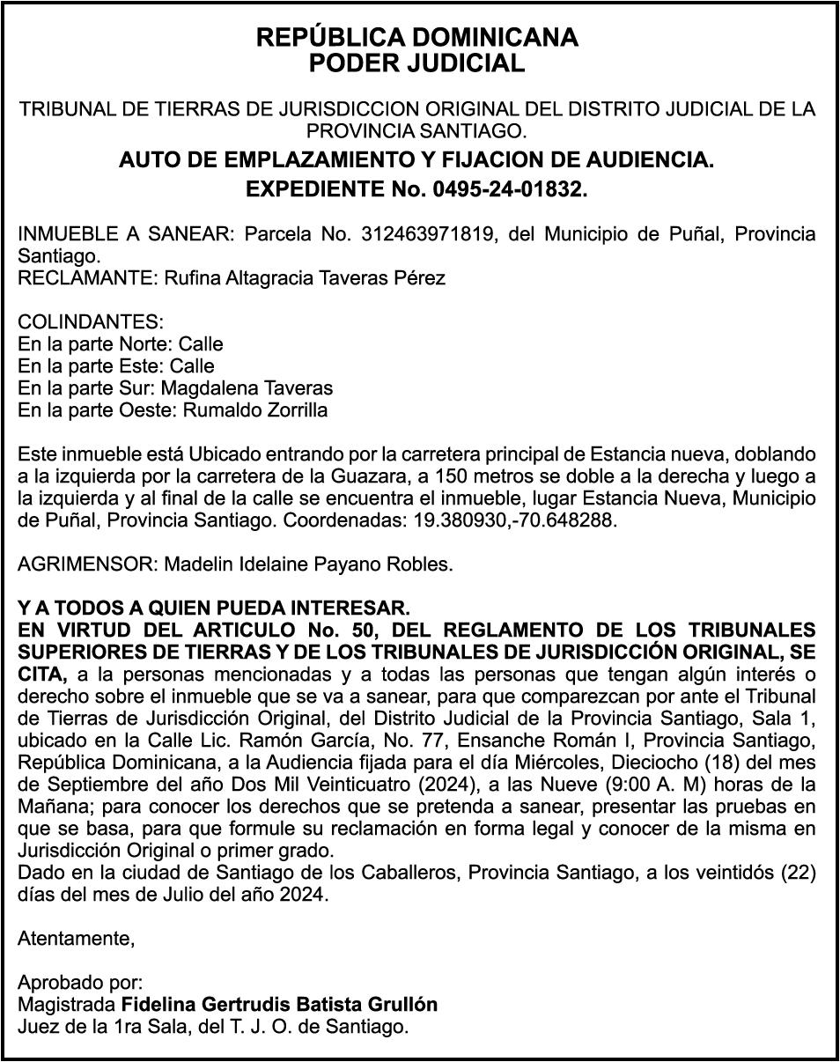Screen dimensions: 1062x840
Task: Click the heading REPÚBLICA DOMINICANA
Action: pos(416,38)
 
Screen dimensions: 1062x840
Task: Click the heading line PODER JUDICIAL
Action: pos(416,63)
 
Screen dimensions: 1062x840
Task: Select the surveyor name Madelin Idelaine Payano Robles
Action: pos(308,564)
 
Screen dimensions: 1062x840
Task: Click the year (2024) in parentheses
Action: pos(482,785)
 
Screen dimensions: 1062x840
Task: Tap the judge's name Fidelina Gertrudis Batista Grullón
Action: pos(279,1005)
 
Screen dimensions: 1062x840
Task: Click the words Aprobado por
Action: pos(80,983)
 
